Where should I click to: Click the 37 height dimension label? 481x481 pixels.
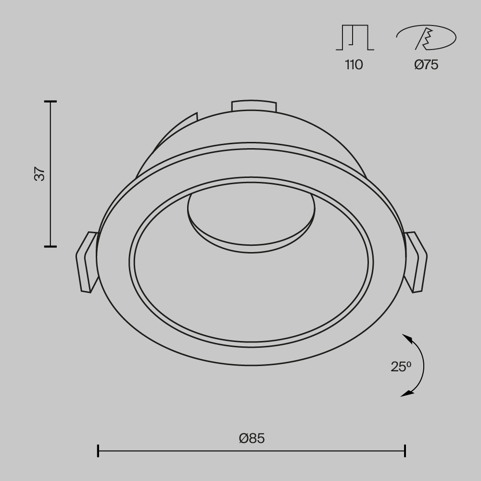pyautogui.click(x=41, y=174)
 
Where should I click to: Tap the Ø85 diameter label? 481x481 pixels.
pyautogui.click(x=252, y=438)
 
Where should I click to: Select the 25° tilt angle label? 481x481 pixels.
pyautogui.click(x=401, y=367)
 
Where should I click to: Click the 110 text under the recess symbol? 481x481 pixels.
pyautogui.click(x=354, y=64)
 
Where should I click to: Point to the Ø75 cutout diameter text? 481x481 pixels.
pyautogui.click(x=426, y=64)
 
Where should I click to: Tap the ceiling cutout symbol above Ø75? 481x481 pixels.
pyautogui.click(x=426, y=38)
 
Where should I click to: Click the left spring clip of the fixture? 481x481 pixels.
pyautogui.click(x=87, y=262)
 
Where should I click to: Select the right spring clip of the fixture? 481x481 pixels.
pyautogui.click(x=417, y=262)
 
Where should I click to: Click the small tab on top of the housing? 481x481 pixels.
pyautogui.click(x=253, y=106)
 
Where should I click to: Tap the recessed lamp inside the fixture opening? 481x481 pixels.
pyautogui.click(x=252, y=216)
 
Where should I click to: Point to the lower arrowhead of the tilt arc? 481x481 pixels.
pyautogui.click(x=407, y=394)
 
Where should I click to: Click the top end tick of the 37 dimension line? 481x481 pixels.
pyautogui.click(x=51, y=102)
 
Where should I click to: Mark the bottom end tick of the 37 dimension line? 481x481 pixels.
pyautogui.click(x=51, y=246)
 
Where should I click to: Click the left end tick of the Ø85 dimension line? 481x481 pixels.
pyautogui.click(x=98, y=451)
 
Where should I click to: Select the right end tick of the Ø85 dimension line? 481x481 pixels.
pyautogui.click(x=405, y=451)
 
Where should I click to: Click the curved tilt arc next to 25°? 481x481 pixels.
pyautogui.click(x=423, y=366)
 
